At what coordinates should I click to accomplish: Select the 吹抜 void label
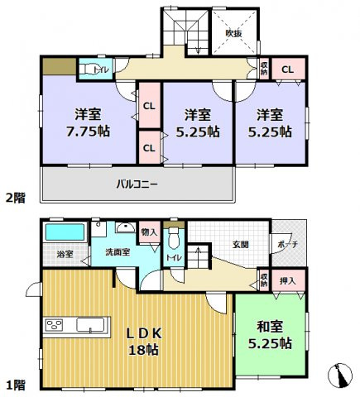pyautogui.click(x=234, y=33)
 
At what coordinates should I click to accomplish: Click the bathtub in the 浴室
pyautogui.click(x=65, y=231)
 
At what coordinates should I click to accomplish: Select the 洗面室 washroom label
pyautogui.click(x=117, y=252)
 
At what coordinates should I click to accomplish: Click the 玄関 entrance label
pyautogui.click(x=240, y=243)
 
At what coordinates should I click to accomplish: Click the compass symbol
pyautogui.click(x=340, y=376)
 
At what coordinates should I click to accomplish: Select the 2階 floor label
pyautogui.click(x=14, y=198)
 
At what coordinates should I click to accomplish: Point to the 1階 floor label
pyautogui.click(x=14, y=385)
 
